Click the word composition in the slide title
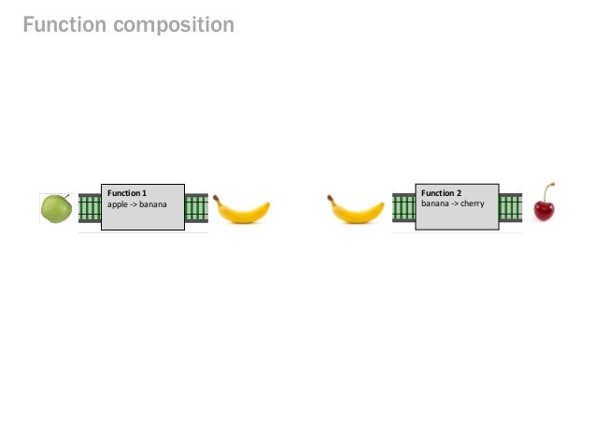tap(175, 26)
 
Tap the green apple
tap(55, 209)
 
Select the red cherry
tap(544, 209)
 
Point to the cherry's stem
tap(548, 189)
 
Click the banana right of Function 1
tap(242, 210)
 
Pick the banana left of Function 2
tap(355, 210)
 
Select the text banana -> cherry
tap(453, 203)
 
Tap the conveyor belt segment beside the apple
tap(90, 208)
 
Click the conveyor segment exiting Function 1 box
tap(196, 208)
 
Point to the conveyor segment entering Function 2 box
tap(404, 208)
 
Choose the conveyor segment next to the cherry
tap(511, 208)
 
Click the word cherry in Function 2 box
tap(472, 203)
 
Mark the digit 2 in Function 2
tap(459, 192)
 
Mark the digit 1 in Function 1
tap(145, 192)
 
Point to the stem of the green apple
tap(65, 195)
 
